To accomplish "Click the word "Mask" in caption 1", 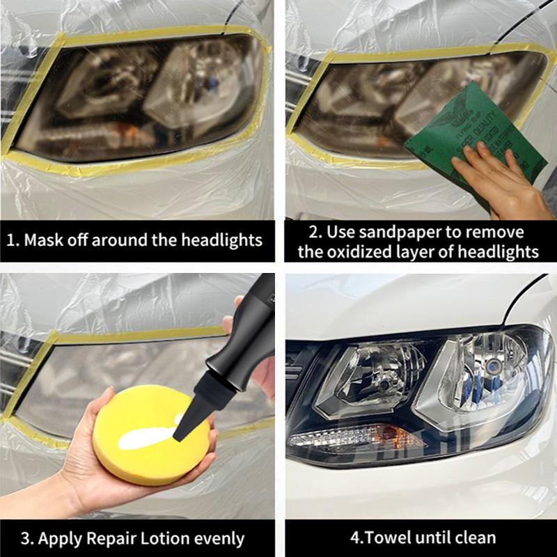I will coord(44,240).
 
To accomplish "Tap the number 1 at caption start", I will coord(11,241).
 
